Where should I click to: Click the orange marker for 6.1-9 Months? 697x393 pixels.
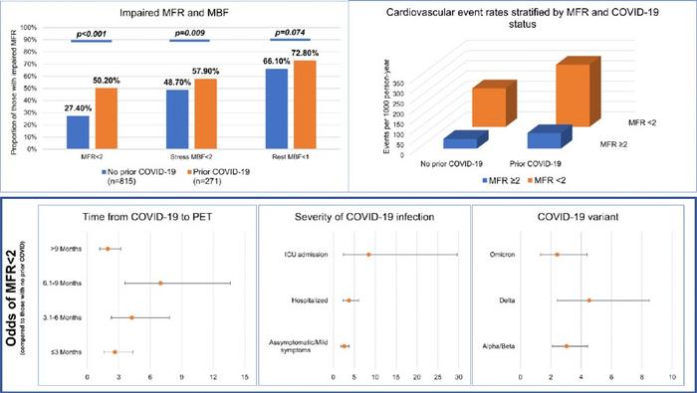[160, 284]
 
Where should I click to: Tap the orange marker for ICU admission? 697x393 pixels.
[368, 255]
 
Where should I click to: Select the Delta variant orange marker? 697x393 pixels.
[588, 300]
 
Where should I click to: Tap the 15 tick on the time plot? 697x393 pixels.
[244, 378]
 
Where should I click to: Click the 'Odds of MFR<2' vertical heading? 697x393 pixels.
[14, 298]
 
